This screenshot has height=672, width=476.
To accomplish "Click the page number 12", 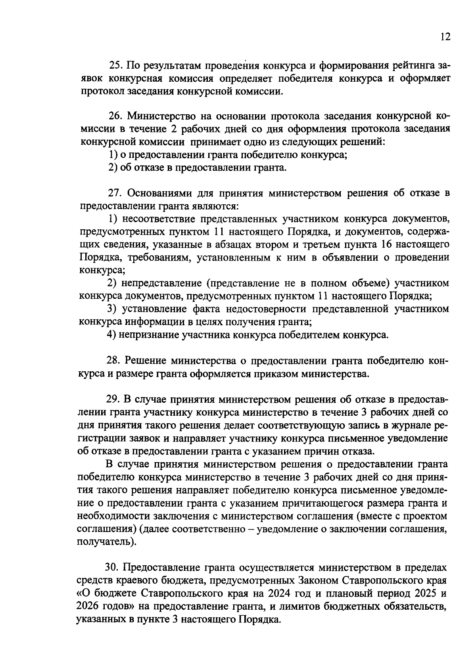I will point(445,37).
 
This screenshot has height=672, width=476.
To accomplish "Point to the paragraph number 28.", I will point(115,361).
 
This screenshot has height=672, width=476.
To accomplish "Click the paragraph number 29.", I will point(115,399).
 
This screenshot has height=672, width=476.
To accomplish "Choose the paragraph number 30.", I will point(115,568).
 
